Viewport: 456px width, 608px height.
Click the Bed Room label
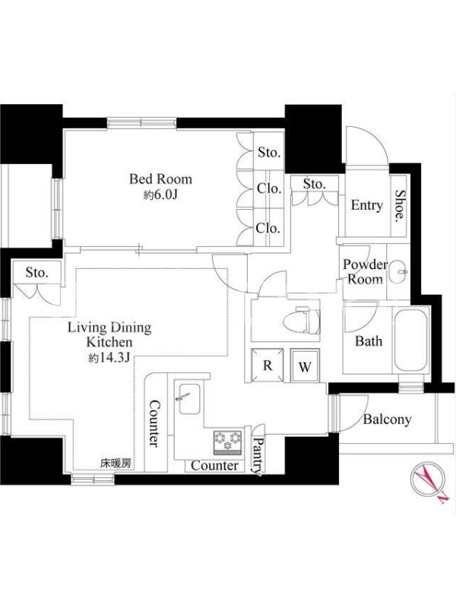pos(160,179)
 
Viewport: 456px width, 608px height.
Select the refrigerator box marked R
pos(268,365)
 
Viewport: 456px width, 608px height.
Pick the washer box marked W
pos(306,366)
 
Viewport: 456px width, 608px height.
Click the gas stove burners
pos(228,442)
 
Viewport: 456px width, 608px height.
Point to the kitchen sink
pos(189,399)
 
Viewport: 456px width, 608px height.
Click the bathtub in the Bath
pos(410,340)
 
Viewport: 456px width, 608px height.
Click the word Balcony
pos(387,420)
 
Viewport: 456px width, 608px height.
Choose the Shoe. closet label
pos(400,206)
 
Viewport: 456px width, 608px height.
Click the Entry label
pos(367,205)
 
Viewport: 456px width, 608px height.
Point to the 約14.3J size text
pos(109,358)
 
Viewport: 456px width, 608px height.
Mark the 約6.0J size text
pos(160,195)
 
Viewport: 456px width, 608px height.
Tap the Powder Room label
pos(365,271)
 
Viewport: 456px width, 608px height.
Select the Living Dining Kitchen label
pos(109,334)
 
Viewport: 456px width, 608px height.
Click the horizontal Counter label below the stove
pos(215,465)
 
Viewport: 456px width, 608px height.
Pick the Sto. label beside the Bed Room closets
pos(269,153)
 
